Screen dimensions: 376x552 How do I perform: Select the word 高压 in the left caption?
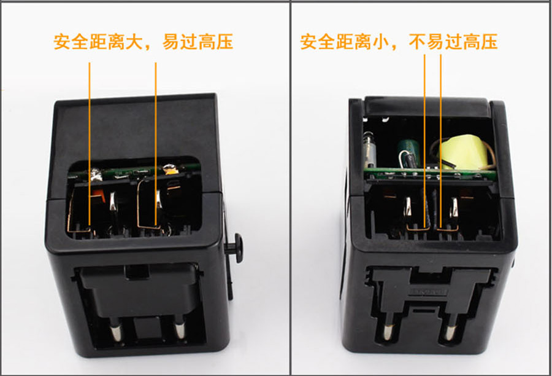(216, 42)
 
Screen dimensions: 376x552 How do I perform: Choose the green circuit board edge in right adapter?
(429, 173)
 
